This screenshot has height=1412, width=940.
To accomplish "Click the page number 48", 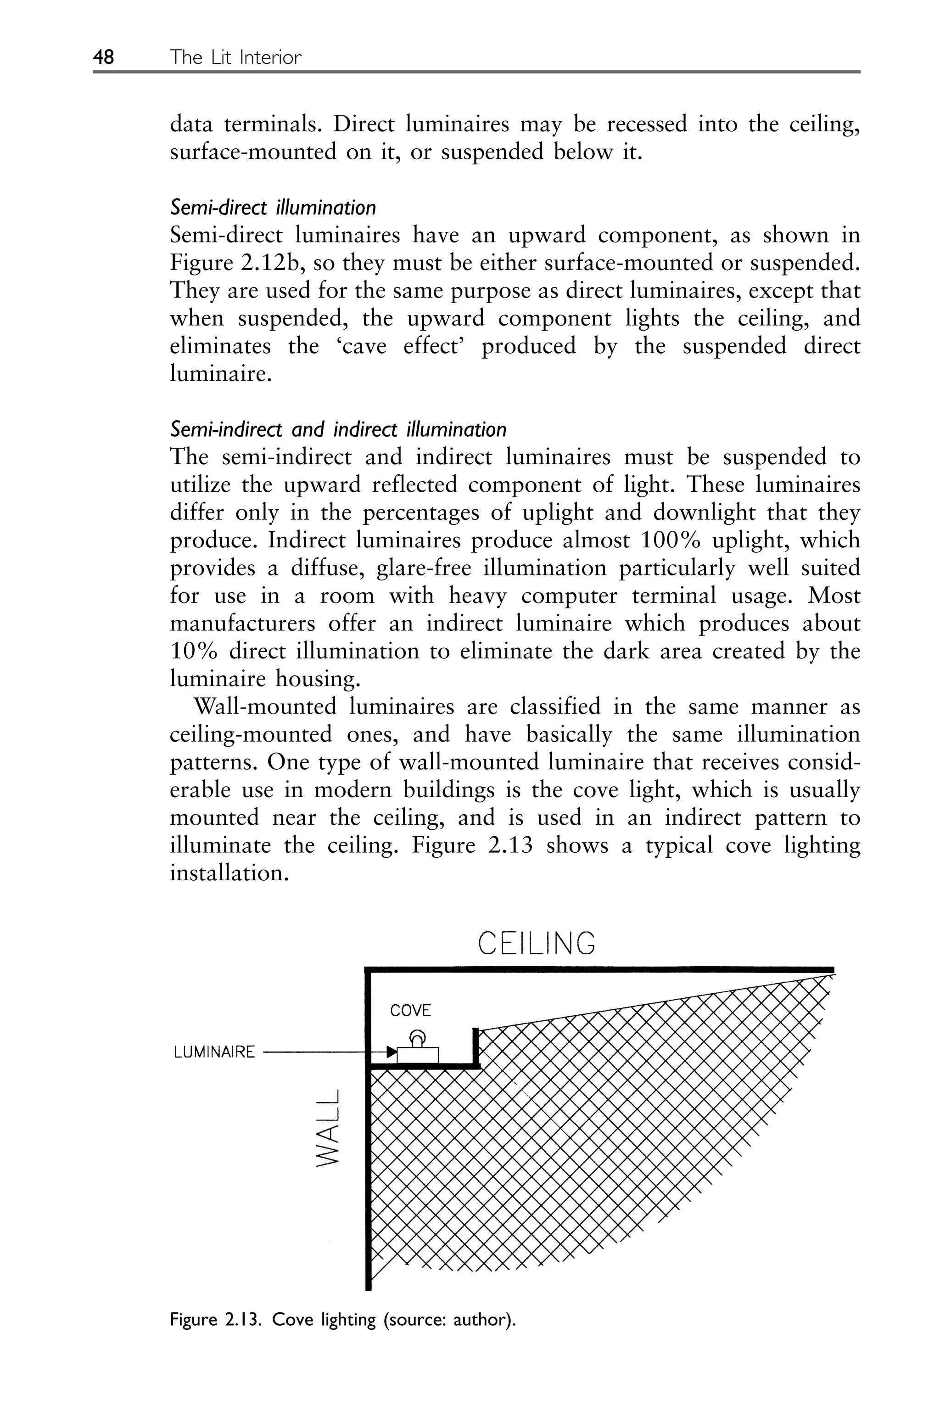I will click(x=103, y=57).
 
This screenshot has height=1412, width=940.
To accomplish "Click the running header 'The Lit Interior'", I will click(x=235, y=57).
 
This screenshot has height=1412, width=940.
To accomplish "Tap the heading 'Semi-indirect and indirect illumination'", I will click(x=338, y=429).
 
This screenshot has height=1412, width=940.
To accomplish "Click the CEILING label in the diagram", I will click(x=537, y=943).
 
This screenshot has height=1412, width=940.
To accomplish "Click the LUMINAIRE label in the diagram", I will click(x=214, y=1052).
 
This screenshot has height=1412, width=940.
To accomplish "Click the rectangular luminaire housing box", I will click(x=418, y=1054).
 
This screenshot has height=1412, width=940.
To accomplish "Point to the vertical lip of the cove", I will click(x=476, y=1046).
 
